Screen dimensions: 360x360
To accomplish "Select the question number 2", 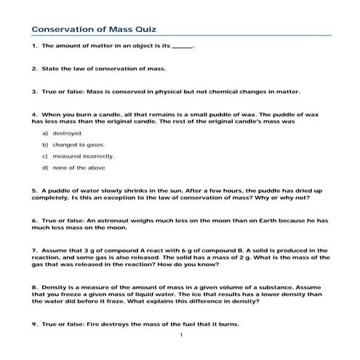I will pyautogui.click(x=34, y=69).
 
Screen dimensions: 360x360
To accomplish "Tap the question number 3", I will pyautogui.click(x=34, y=92).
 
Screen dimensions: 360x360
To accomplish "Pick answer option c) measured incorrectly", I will pyautogui.click(x=78, y=156).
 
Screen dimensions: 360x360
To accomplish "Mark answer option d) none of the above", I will pyautogui.click(x=76, y=168).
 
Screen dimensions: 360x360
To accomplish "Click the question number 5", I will pyautogui.click(x=34, y=191).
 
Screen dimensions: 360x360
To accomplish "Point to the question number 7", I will pyautogui.click(x=34, y=249).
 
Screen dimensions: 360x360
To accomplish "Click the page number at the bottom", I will pyautogui.click(x=180, y=335).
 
